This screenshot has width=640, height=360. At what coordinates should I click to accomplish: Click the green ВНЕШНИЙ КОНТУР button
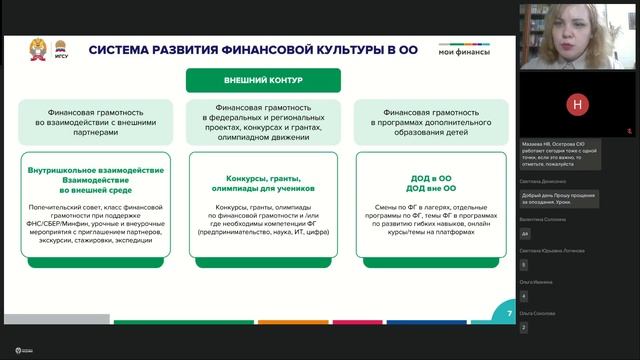click(x=263, y=80)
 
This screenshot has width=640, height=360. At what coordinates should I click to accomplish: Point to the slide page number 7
click(x=509, y=314)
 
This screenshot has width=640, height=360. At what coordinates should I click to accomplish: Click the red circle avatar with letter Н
click(x=577, y=104)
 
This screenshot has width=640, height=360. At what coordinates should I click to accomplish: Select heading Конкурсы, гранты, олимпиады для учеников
click(x=263, y=187)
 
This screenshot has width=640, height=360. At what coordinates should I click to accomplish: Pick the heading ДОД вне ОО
click(x=431, y=188)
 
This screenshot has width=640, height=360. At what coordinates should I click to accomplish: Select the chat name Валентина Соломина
click(x=543, y=219)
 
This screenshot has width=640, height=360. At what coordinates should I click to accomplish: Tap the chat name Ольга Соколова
click(x=539, y=314)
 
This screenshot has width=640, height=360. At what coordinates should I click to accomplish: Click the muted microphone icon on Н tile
click(x=627, y=131)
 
